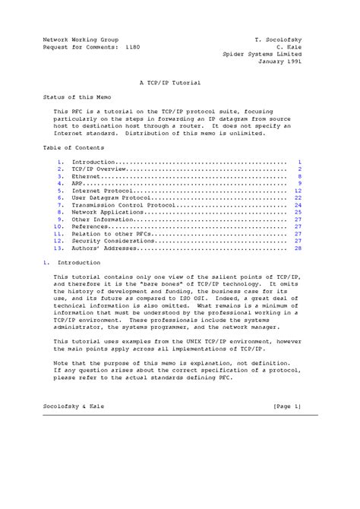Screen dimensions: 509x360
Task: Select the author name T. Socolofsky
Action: pyautogui.click(x=279, y=38)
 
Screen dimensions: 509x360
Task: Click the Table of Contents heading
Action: pyautogui.click(x=74, y=147)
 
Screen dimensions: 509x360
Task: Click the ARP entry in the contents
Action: pyautogui.click(x=78, y=183)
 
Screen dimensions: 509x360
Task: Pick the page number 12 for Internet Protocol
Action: pyautogui.click(x=298, y=191)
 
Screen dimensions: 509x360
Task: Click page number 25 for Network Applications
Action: pyautogui.click(x=298, y=212)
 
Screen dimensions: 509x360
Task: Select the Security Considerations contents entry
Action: pyautogui.click(x=113, y=241)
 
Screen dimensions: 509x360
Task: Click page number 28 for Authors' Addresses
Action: pyautogui.click(x=298, y=248)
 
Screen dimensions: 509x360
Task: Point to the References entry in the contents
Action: pyautogui.click(x=90, y=226)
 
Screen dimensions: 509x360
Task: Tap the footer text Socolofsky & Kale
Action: pyautogui.click(x=74, y=407)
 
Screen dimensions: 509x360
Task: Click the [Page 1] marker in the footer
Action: pyautogui.click(x=288, y=407)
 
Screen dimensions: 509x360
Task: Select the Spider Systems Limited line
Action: pyautogui.click(x=263, y=55)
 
